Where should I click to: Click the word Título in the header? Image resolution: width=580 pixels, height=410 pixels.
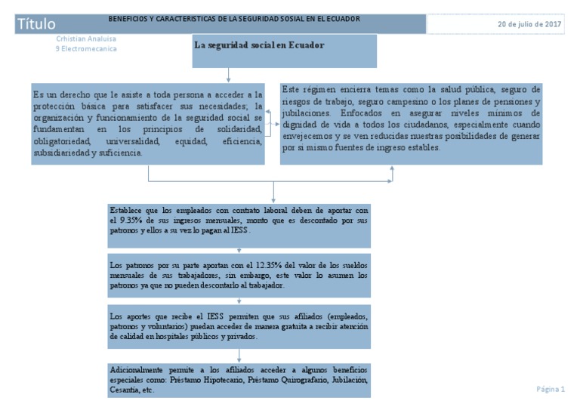[35, 25]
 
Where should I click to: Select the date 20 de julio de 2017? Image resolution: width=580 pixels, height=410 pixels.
[529, 24]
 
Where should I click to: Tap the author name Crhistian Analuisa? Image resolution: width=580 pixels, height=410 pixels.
[86, 39]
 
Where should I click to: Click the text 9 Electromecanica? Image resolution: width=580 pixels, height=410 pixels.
[86, 49]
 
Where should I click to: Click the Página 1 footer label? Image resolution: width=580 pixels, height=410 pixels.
[551, 389]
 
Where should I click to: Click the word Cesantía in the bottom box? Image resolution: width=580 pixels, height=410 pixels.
[126, 390]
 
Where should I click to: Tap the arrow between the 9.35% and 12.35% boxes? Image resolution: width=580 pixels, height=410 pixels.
[239, 252]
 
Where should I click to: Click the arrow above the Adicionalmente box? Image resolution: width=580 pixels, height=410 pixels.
[239, 356]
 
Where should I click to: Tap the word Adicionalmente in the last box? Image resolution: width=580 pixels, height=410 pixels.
[138, 371]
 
